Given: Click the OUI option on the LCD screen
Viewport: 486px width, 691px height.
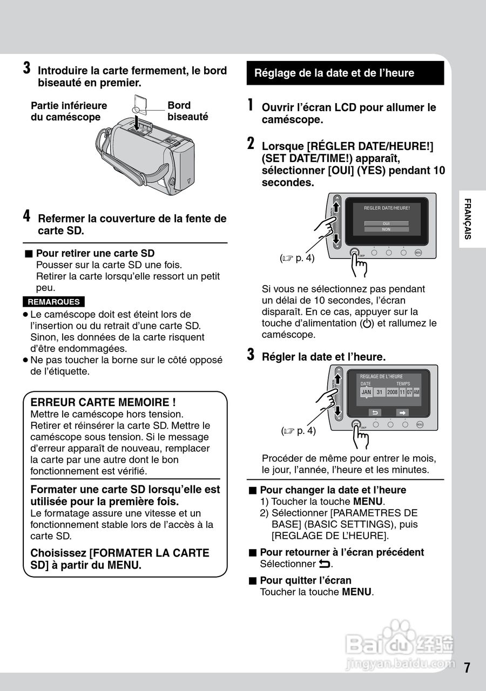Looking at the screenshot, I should tap(386, 223).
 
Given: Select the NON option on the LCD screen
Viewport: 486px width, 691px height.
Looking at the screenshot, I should tap(386, 229).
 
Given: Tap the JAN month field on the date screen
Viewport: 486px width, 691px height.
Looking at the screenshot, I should tap(366, 392).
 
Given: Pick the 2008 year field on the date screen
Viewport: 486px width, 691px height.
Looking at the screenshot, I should tap(392, 392).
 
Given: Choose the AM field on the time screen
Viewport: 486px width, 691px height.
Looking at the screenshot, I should tap(416, 392).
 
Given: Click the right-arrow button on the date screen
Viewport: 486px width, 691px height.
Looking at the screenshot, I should tap(402, 412).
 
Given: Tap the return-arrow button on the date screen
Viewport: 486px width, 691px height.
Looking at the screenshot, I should tap(374, 412).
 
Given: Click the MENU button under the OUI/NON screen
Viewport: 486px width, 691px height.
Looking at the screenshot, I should tap(418, 252).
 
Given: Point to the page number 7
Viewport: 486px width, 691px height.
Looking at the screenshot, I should tap(467, 667).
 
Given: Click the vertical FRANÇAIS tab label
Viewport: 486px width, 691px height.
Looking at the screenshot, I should tap(468, 219).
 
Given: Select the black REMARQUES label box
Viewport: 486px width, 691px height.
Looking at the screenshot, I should tap(53, 302).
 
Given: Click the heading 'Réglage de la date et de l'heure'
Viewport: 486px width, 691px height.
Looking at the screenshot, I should tap(334, 73).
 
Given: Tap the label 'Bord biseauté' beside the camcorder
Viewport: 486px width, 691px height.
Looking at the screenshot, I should tap(187, 111).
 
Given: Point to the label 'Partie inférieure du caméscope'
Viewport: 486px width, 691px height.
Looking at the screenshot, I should tap(69, 111).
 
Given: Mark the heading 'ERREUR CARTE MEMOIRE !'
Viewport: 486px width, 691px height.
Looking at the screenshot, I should tap(103, 402).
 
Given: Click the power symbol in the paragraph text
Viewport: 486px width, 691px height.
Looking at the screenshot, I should tap(367, 324).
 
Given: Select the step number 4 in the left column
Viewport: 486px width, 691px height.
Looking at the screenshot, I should tap(26, 216).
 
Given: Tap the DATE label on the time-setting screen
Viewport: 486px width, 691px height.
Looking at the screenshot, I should tap(366, 383).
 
